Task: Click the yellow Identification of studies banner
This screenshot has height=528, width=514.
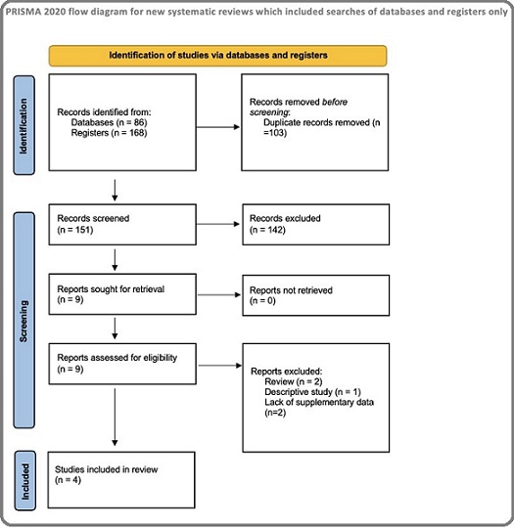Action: click(x=218, y=56)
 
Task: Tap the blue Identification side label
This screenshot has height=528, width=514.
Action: click(x=23, y=125)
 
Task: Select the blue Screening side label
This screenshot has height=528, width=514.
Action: click(x=23, y=321)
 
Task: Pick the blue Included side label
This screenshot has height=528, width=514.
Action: click(x=24, y=481)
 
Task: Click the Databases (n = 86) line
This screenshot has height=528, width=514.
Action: click(x=109, y=122)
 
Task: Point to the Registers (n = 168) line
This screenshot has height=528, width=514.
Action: click(x=109, y=133)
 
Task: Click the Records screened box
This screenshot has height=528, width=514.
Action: click(x=122, y=224)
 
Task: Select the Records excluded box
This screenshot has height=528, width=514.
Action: click(x=315, y=224)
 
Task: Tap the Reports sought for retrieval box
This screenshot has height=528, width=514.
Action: click(x=122, y=294)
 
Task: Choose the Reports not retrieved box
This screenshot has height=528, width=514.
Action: click(x=315, y=295)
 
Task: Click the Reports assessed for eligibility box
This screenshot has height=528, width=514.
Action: click(x=122, y=364)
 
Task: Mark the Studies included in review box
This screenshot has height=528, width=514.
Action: click(x=121, y=480)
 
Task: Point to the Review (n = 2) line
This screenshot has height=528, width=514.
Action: click(x=294, y=381)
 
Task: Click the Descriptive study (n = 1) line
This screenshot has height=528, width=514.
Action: click(x=312, y=392)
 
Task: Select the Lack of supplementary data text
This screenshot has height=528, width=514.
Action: click(x=319, y=402)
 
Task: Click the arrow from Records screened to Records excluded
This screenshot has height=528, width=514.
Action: click(x=218, y=224)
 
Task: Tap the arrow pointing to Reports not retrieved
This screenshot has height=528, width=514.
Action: click(x=219, y=294)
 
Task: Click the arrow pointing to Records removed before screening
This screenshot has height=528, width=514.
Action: click(x=218, y=127)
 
